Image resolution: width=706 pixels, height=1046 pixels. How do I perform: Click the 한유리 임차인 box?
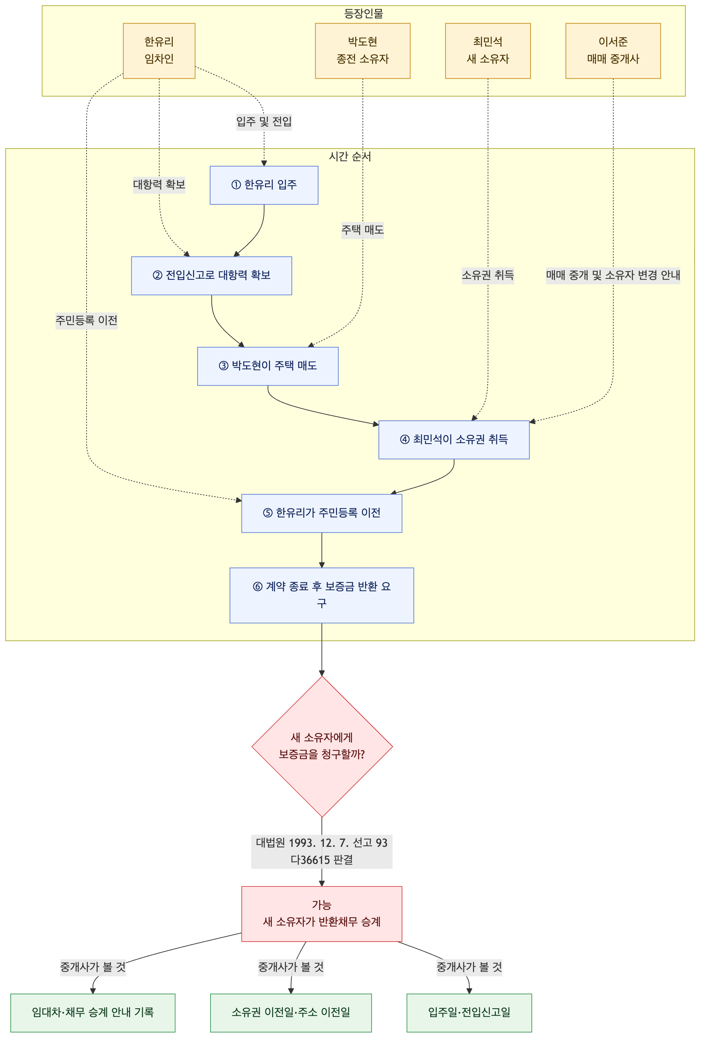pyautogui.click(x=159, y=51)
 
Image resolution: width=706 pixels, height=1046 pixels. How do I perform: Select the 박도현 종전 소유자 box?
pyautogui.click(x=362, y=51)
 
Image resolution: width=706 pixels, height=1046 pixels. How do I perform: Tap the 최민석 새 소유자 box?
pyautogui.click(x=488, y=51)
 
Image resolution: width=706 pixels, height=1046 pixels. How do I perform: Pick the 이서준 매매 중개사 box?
pyautogui.click(x=613, y=51)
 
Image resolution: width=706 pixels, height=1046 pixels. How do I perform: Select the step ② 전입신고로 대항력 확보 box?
pyautogui.click(x=212, y=275)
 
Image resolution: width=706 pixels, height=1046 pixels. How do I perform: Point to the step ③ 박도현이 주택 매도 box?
pyautogui.click(x=268, y=366)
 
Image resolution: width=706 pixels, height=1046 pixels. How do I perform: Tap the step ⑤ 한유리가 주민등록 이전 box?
pyautogui.click(x=322, y=513)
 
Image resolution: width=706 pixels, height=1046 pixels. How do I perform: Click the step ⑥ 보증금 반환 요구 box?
pyautogui.click(x=322, y=595)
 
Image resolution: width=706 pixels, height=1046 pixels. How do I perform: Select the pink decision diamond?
pyautogui.click(x=322, y=746)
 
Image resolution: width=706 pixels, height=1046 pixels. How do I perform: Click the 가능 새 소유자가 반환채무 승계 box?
pyautogui.click(x=322, y=914)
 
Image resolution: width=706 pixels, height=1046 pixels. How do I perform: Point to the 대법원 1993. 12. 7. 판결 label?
pyautogui.click(x=322, y=851)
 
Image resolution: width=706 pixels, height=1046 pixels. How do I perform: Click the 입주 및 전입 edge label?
pyautogui.click(x=264, y=121)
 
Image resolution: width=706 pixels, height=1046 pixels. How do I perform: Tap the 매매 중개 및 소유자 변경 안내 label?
pyautogui.click(x=613, y=275)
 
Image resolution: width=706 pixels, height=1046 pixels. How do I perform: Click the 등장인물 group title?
pyautogui.click(x=364, y=14)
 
